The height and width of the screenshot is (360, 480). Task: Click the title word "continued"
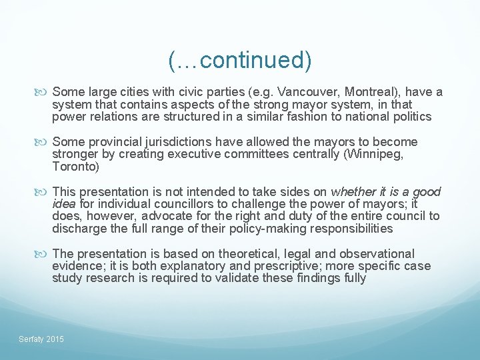[x=251, y=60]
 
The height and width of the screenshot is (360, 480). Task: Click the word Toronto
[x=75, y=167]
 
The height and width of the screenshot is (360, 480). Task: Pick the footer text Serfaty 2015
[x=41, y=339]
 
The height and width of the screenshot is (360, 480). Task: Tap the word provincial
[x=111, y=142]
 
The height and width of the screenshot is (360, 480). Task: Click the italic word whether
[x=353, y=191]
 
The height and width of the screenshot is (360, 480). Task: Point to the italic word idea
[x=64, y=204]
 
